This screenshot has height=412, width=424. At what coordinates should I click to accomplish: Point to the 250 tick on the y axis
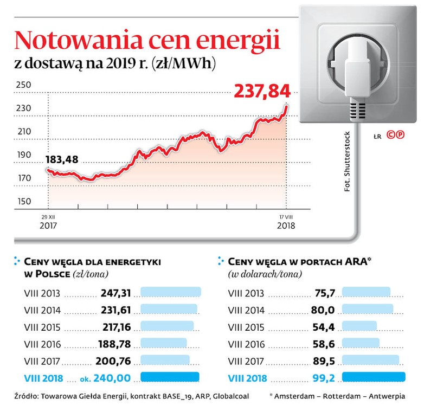point(24,85)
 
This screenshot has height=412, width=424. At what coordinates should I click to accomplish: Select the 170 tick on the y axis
point(24,178)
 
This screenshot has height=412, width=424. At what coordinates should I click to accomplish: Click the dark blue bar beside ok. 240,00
point(170,377)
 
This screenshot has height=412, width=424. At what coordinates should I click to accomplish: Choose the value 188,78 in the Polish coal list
point(115,344)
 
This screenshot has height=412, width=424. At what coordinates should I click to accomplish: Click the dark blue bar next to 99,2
point(374,377)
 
